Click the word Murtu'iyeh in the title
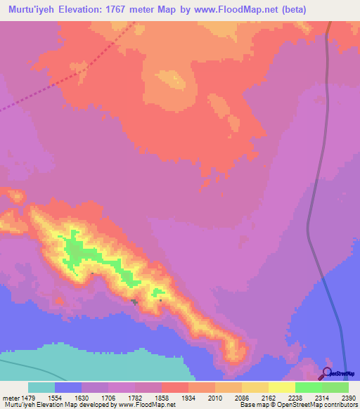(x=30, y=10)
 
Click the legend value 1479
(x=28, y=397)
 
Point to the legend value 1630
(x=82, y=397)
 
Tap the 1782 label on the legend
(x=135, y=397)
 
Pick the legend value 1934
(x=188, y=397)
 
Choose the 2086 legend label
(x=242, y=397)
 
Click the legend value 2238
(x=295, y=397)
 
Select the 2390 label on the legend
(x=349, y=397)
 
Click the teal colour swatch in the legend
(x=41, y=387)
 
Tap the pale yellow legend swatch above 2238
(x=282, y=387)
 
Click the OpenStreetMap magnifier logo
(x=327, y=372)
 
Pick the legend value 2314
(x=322, y=397)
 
